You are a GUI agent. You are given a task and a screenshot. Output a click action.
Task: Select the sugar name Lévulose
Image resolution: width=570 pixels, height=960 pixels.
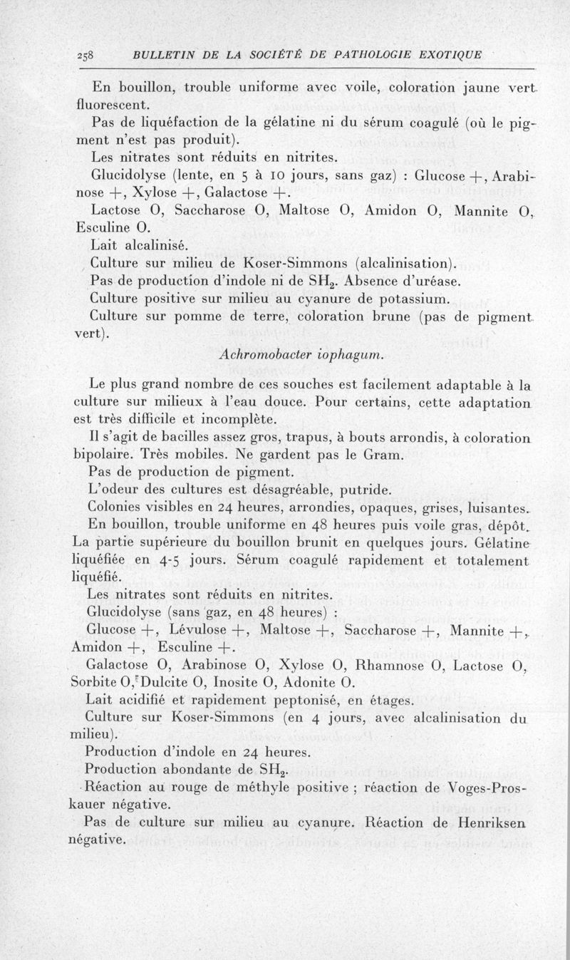coord(204,629)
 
